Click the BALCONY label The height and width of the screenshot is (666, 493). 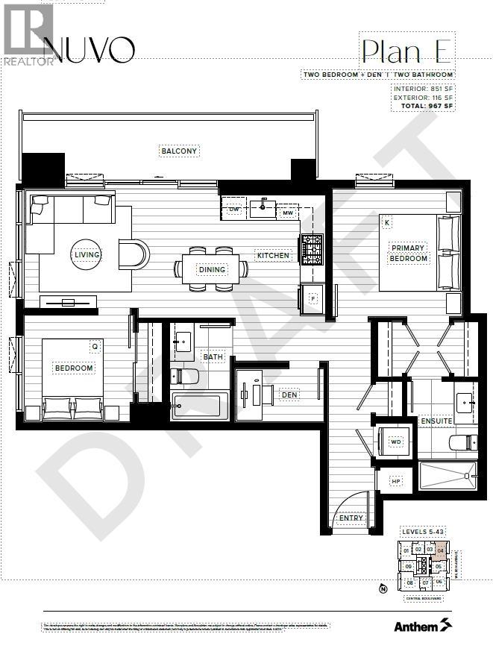click(x=179, y=151)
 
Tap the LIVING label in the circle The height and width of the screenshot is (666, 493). click(x=87, y=255)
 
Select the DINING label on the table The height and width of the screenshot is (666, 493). click(x=213, y=269)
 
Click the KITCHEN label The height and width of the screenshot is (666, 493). click(x=273, y=256)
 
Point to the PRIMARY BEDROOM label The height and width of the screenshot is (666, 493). click(x=408, y=254)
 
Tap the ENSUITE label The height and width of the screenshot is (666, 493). click(x=436, y=421)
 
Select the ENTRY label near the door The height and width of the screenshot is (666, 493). click(x=351, y=518)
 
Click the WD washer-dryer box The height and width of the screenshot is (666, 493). click(x=396, y=442)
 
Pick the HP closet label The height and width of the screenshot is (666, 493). click(x=395, y=482)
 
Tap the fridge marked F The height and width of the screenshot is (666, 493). click(x=313, y=298)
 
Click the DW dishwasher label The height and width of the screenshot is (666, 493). click(x=234, y=210)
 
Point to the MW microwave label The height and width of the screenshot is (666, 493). click(x=287, y=213)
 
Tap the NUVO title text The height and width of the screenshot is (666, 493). click(x=90, y=50)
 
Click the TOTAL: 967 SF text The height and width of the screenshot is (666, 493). click(x=423, y=106)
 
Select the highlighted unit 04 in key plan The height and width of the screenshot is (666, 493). click(x=440, y=551)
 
